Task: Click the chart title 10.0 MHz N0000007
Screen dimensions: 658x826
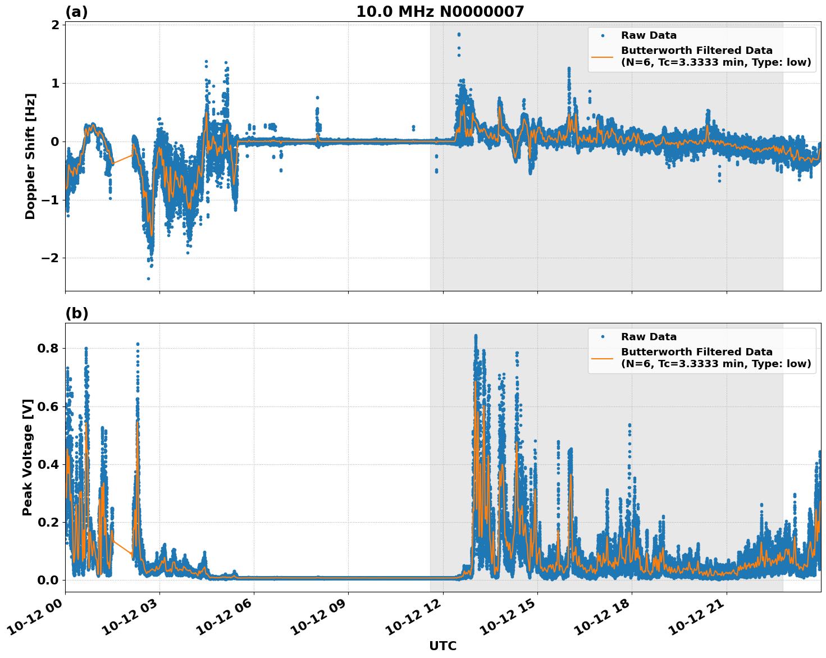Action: coord(440,12)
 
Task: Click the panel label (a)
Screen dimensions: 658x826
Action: coord(76,12)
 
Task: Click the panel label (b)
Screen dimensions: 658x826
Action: coord(76,313)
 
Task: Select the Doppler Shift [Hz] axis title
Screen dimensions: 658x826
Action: coord(30,156)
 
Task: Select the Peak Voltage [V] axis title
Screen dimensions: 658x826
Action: coord(28,457)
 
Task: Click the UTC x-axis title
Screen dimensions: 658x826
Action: coord(442,646)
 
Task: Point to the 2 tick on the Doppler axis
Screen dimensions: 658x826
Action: coord(55,25)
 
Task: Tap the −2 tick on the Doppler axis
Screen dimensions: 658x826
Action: coord(51,258)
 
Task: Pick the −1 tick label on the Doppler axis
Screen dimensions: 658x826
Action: coord(51,200)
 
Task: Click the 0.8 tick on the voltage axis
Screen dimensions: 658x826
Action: coord(48,348)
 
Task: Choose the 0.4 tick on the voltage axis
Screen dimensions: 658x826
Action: coord(48,464)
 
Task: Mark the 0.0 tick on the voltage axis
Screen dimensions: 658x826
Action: coord(48,580)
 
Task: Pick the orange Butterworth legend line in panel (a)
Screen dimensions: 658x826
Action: coord(603,57)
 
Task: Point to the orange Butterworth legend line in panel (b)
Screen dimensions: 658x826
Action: coord(603,358)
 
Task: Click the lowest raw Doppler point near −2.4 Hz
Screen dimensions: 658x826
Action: coord(148,278)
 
